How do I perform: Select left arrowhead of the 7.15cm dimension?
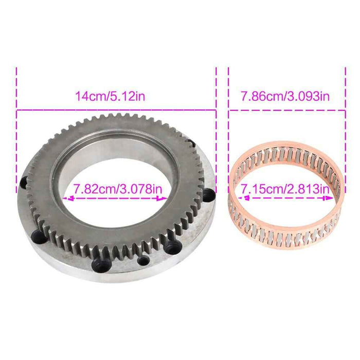point(241,197)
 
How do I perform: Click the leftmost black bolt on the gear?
point(23,181)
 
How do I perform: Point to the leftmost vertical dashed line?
point(16,129)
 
